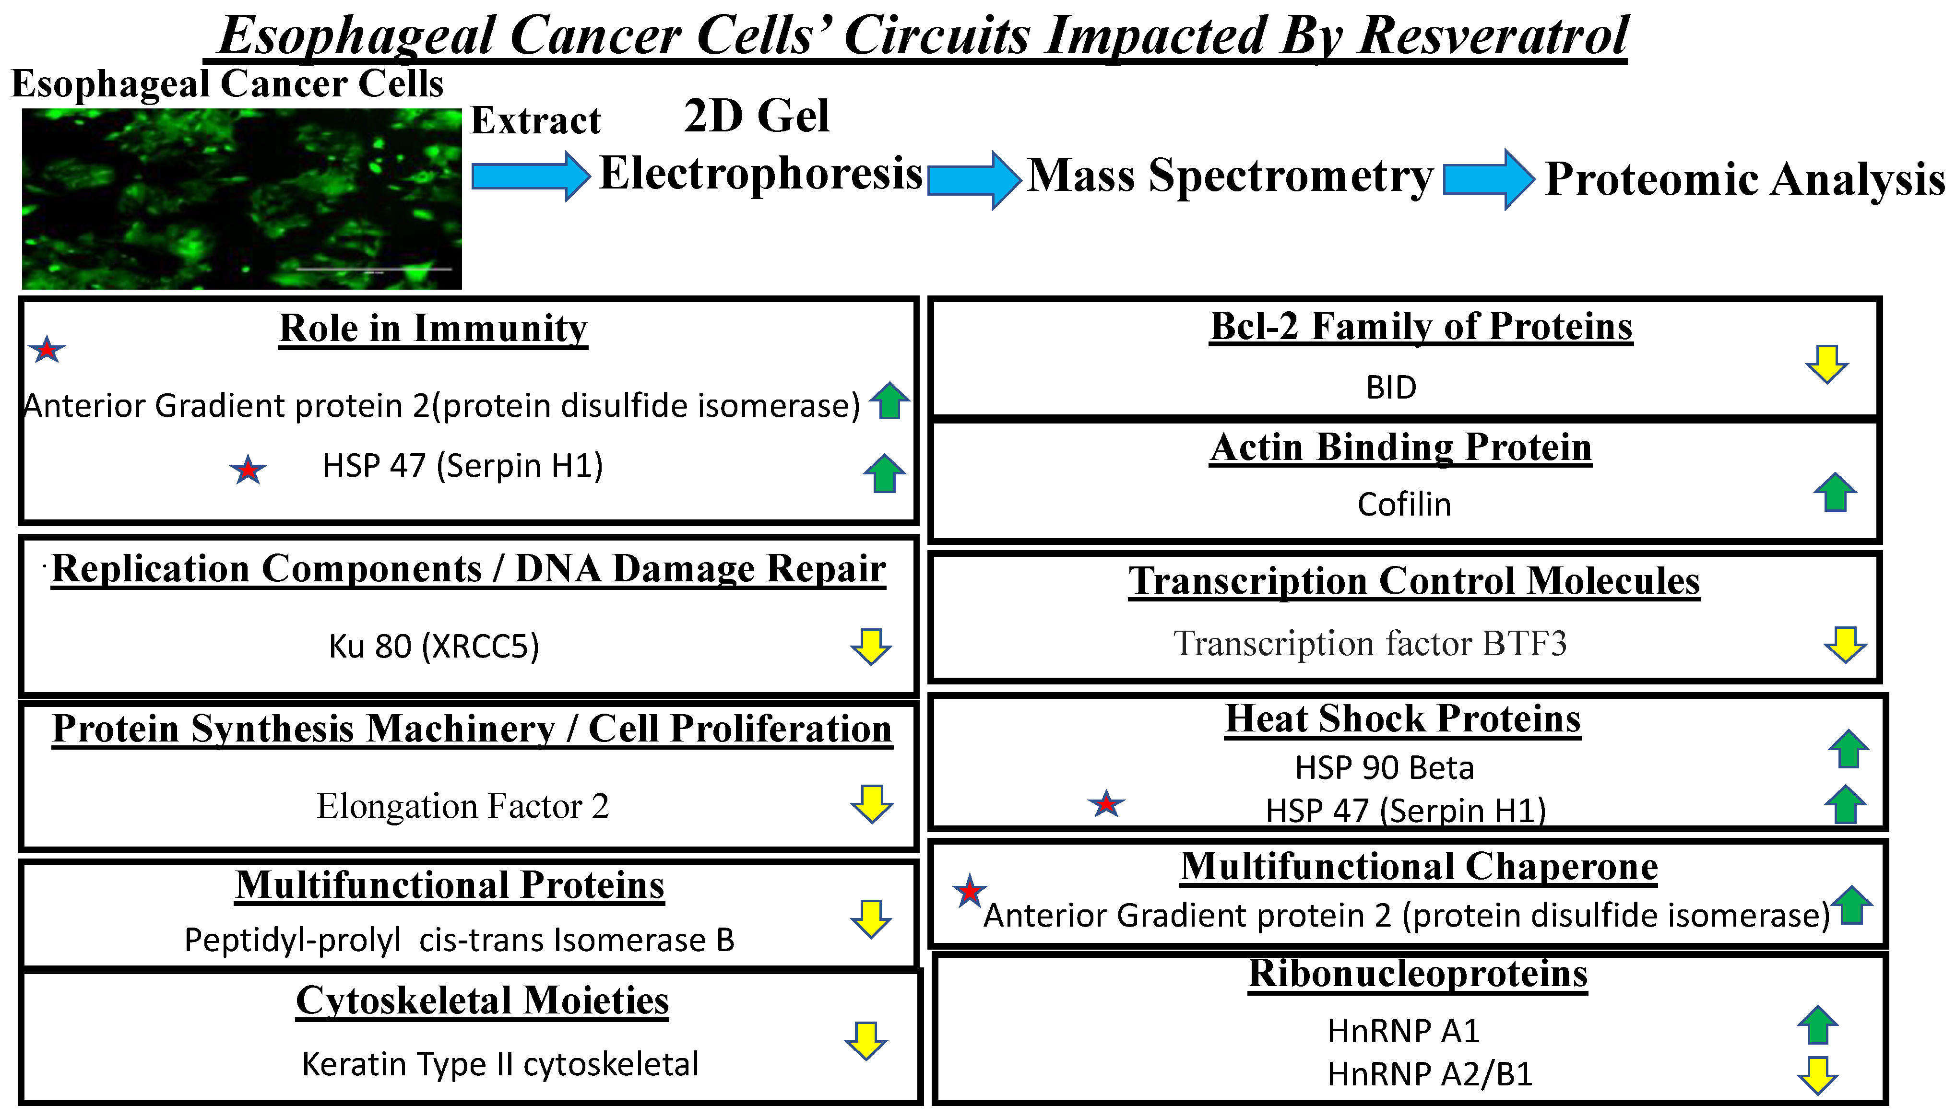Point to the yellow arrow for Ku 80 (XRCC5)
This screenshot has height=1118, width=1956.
871,646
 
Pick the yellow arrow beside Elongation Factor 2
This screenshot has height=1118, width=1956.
872,804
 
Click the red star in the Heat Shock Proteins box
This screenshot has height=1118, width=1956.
1106,805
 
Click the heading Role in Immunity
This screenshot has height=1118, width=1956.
433,329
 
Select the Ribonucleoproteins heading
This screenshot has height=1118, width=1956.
1418,974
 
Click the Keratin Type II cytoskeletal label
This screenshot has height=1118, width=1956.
500,1064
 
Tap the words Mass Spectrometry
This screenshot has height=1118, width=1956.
1230,177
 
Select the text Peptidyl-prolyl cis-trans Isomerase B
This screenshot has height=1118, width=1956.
459,940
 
